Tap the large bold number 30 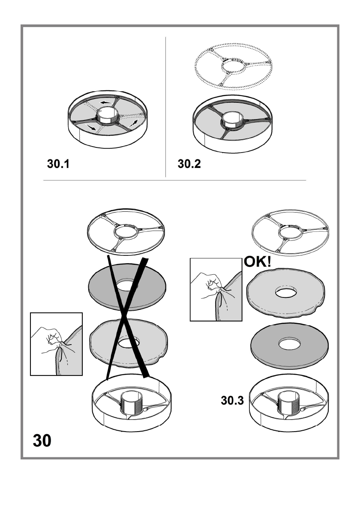click(x=41, y=441)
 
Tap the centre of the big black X click(x=126, y=318)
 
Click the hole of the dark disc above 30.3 click(x=289, y=344)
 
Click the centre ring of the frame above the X click(x=125, y=233)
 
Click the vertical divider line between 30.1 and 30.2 click(x=166, y=107)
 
